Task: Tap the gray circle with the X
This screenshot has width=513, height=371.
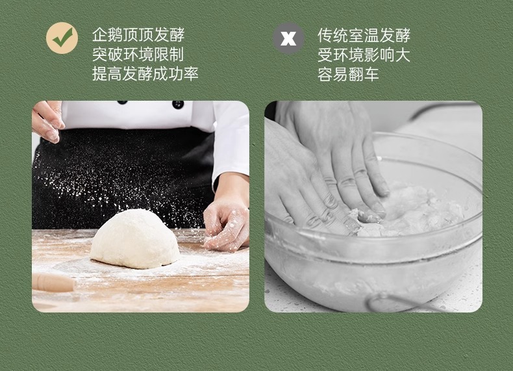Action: (x=288, y=38)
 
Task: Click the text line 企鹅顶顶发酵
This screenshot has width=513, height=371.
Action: (x=138, y=34)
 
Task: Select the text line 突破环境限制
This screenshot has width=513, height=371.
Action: (x=138, y=55)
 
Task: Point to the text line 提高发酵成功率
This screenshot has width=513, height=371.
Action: (x=145, y=73)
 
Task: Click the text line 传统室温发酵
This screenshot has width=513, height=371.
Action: (x=364, y=35)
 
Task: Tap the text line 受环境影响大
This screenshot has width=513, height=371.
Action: (x=364, y=55)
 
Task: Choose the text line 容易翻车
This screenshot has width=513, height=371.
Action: (x=348, y=74)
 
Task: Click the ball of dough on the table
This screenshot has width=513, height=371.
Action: (x=135, y=239)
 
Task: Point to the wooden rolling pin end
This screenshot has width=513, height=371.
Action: (x=53, y=283)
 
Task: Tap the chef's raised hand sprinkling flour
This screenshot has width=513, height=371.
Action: (x=48, y=120)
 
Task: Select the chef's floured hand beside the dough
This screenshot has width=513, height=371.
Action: (x=226, y=224)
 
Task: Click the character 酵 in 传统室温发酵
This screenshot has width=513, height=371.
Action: (x=403, y=35)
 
